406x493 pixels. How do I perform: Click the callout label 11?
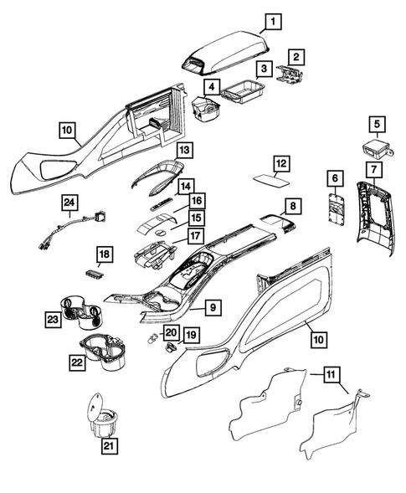point(332,377)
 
